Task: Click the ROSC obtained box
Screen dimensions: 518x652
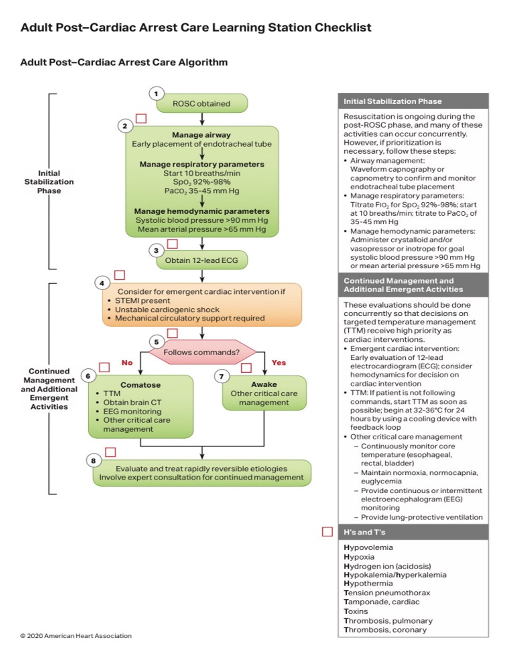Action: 202,103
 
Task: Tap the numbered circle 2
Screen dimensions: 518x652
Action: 125,126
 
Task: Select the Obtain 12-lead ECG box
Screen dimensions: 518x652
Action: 202,260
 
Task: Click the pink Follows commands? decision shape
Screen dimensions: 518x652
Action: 202,352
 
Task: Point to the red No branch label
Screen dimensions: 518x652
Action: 127,363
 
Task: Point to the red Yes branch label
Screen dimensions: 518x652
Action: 279,363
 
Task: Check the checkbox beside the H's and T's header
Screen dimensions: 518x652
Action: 327,532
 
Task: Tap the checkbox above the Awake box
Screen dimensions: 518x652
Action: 246,368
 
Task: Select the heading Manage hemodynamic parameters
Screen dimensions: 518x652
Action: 202,211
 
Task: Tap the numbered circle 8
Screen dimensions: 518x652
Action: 93,461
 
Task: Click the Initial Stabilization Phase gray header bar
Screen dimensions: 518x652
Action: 413,101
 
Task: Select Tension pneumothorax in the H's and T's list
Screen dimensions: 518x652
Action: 387,592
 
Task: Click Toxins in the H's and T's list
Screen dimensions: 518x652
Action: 356,611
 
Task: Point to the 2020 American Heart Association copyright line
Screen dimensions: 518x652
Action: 76,636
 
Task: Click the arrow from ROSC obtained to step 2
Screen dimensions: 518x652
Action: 202,119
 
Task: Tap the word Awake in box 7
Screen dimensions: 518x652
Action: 264,384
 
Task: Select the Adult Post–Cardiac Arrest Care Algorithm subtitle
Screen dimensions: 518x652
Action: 124,62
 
